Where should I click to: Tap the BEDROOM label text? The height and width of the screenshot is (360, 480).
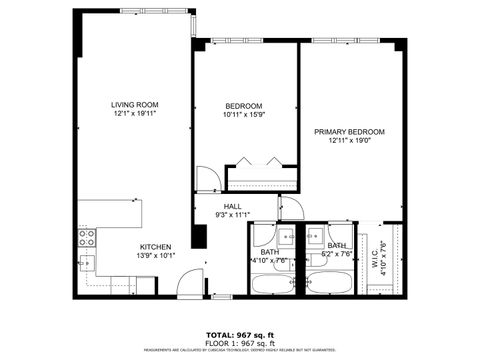click(x=243, y=106)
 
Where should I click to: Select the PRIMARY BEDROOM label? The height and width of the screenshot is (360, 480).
click(x=349, y=132)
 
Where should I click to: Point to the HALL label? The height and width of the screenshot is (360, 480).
click(x=232, y=206)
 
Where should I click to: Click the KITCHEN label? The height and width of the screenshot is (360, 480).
click(x=155, y=247)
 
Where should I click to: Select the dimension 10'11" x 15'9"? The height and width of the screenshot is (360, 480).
click(x=243, y=115)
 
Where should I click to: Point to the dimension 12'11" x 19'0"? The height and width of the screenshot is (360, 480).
click(x=349, y=141)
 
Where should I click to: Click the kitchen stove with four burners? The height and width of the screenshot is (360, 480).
click(x=87, y=238)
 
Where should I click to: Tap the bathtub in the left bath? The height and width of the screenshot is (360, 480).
click(x=270, y=283)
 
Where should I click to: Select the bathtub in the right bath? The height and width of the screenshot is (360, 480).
click(x=326, y=283)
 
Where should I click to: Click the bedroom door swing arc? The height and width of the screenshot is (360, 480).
click(x=207, y=180)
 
